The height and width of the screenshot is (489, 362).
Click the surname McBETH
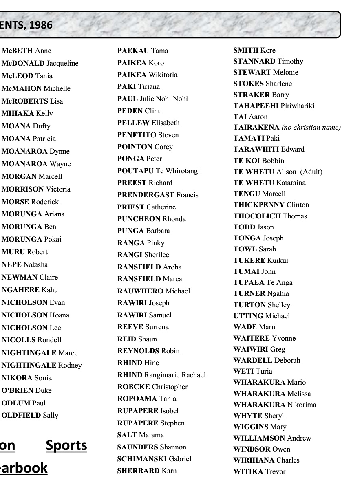(x=17, y=51)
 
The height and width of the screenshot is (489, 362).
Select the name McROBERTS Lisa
(x=32, y=101)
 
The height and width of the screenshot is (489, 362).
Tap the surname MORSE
(x=15, y=202)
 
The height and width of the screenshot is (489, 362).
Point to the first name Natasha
(x=35, y=264)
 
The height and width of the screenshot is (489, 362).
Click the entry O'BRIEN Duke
(x=26, y=390)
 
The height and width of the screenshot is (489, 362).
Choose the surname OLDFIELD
(x=21, y=416)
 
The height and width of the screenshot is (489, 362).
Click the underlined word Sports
(x=66, y=445)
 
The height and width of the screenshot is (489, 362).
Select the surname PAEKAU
(x=133, y=51)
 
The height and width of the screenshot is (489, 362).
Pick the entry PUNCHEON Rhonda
(x=151, y=219)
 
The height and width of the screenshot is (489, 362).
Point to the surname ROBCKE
(x=133, y=387)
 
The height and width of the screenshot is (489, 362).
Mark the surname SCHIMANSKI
(x=142, y=459)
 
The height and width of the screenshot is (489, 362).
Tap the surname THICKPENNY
(x=259, y=205)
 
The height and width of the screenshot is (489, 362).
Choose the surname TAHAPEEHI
(x=256, y=106)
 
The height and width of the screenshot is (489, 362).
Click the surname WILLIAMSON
(x=259, y=438)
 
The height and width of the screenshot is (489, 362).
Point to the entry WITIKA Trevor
(x=259, y=471)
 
